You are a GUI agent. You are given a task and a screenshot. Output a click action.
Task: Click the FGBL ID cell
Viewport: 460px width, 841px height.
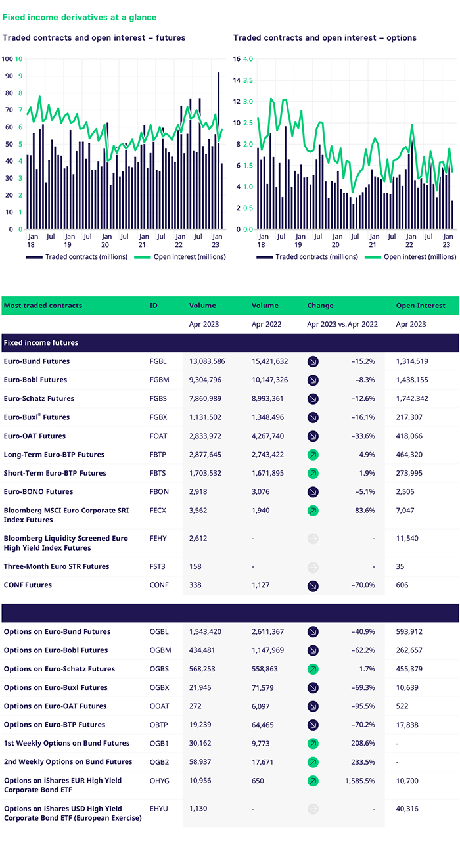coord(159,361)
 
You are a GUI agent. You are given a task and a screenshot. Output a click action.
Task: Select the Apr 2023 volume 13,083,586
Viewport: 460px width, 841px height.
coord(208,361)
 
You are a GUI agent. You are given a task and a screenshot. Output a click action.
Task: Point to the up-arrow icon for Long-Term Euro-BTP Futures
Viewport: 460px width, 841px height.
coord(313,454)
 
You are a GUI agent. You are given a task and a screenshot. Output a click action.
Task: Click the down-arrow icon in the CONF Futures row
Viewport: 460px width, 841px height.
coord(313,585)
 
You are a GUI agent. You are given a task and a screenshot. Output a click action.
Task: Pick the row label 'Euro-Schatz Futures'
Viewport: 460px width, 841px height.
coord(39,398)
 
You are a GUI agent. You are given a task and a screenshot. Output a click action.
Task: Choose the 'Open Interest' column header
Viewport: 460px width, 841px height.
coord(420,306)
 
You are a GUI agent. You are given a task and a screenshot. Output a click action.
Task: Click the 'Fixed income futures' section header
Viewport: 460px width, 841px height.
coord(41,342)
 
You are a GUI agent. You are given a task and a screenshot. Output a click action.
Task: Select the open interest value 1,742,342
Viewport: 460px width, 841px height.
coord(412,398)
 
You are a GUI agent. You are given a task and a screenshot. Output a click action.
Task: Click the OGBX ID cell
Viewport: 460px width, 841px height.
coord(160,687)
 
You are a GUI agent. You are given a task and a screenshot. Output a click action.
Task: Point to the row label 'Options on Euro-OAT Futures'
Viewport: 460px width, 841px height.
coord(55,706)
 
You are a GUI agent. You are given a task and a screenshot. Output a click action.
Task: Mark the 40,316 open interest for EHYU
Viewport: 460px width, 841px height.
coord(407,809)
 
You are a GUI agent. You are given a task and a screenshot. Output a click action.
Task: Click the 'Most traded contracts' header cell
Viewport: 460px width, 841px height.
coord(43,306)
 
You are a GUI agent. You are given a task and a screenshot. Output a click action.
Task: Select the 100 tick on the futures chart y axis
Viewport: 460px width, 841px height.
coord(8,58)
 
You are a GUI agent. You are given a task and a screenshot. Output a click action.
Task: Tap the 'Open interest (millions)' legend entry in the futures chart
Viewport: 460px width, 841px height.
coord(189,257)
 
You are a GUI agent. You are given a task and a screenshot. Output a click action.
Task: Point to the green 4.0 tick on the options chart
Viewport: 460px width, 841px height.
coord(248,58)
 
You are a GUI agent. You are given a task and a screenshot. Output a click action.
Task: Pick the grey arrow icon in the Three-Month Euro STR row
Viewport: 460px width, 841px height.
coord(313,566)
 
